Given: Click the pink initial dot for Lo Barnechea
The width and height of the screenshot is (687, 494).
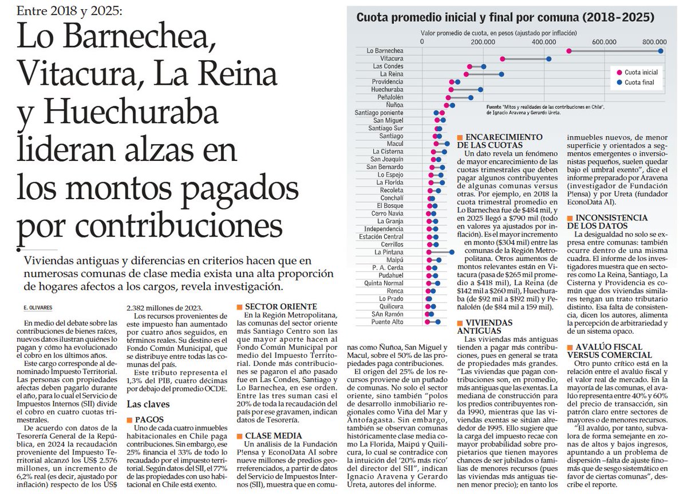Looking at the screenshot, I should pos(568,51).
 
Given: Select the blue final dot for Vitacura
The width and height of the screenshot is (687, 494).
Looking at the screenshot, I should pos(548,59).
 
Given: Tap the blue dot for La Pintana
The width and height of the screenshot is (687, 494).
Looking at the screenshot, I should pos(452,252).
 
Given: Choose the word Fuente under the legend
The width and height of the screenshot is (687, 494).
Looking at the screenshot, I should pos(494,107).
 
